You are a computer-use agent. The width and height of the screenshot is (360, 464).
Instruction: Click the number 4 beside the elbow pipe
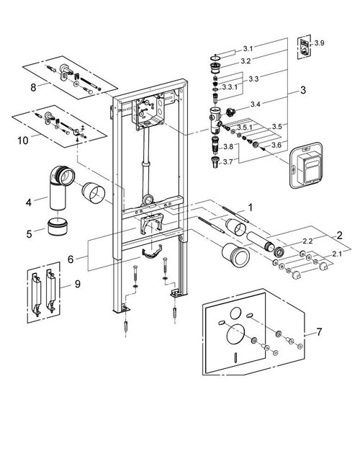tap(28, 202)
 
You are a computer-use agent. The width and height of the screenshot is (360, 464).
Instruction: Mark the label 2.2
tap(287, 240)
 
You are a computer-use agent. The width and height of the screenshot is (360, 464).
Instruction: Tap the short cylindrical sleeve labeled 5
tap(58, 228)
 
